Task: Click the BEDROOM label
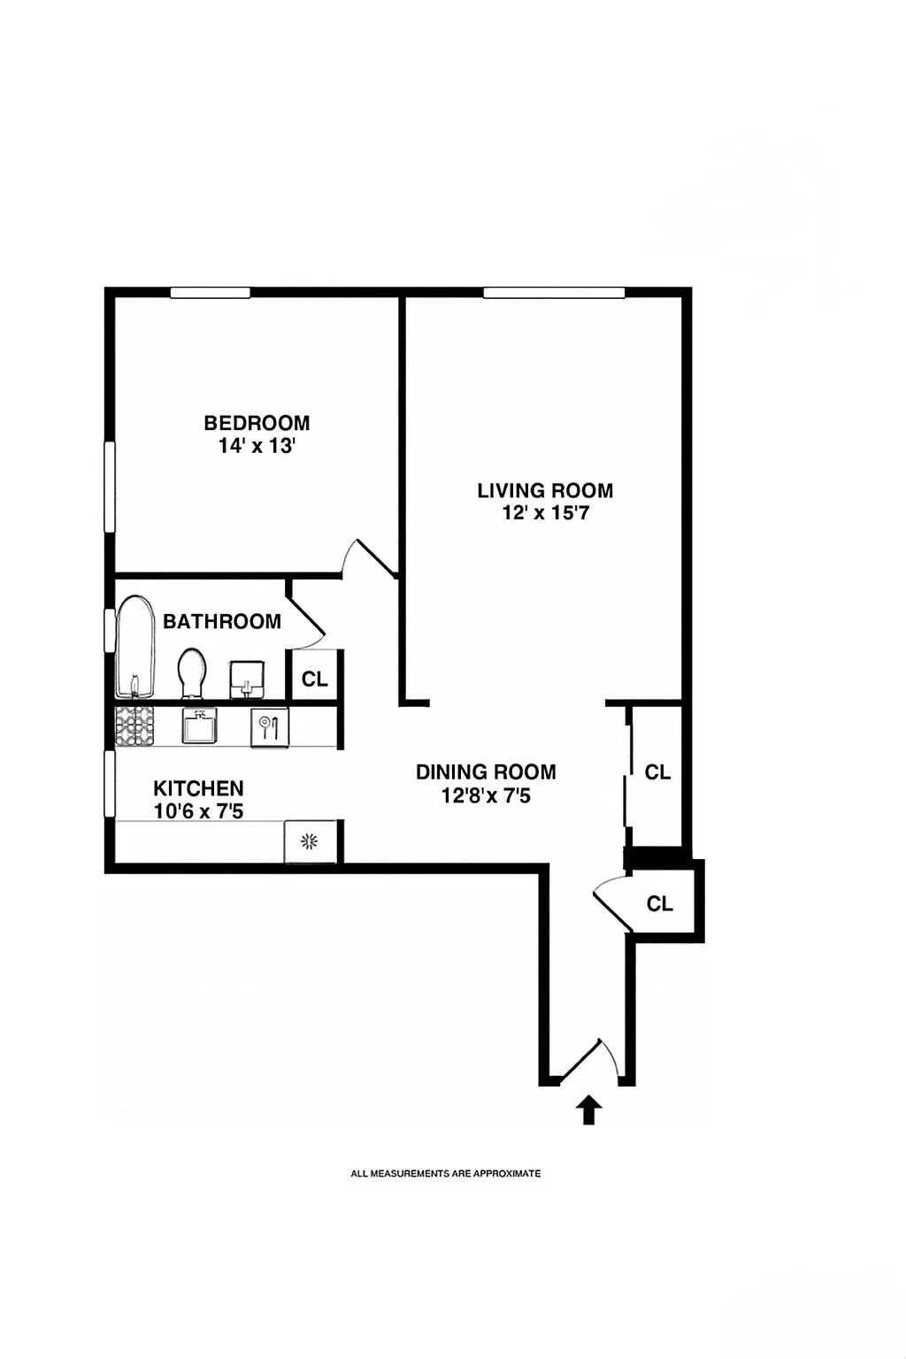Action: pos(257,423)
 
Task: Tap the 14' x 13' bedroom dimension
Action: pos(257,446)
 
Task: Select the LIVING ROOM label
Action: pos(545,490)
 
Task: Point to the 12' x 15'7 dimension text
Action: pos(545,513)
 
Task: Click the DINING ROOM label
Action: pos(486,772)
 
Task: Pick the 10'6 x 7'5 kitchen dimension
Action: pos(198,811)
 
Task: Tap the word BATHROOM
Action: pos(222,621)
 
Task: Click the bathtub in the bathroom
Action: pos(135,648)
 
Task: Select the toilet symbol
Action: pos(192,672)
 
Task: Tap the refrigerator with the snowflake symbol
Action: pos(310,841)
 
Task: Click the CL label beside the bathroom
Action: pos(315,679)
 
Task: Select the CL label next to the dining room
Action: pos(657,772)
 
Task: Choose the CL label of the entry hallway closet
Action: pos(660,903)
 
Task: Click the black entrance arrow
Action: pos(588,1109)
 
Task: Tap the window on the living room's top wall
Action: pos(554,293)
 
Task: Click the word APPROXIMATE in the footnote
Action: pos(506,1173)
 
